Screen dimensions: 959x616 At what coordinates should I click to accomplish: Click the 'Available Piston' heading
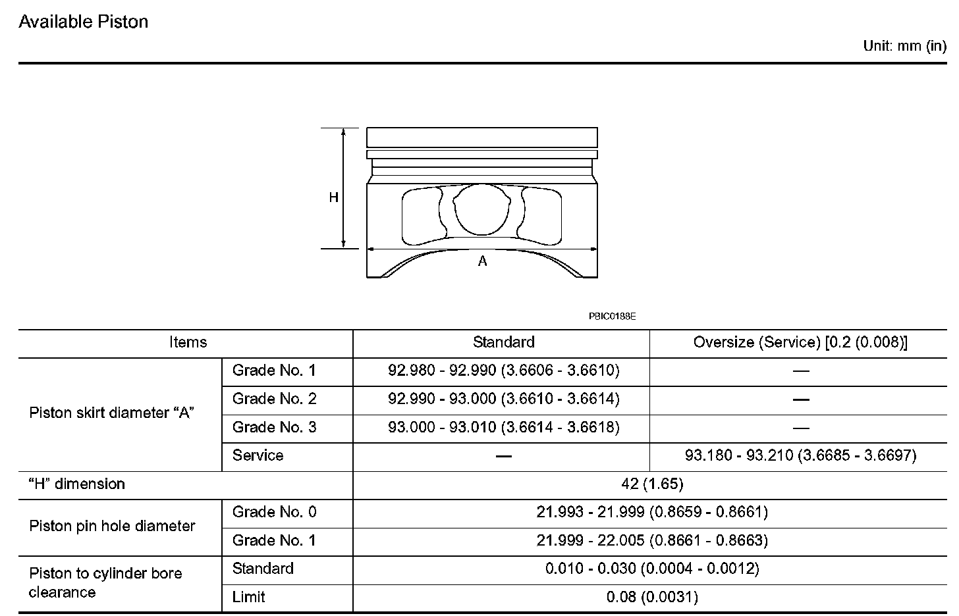coord(84,22)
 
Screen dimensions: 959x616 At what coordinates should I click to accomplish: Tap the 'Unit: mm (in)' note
coord(904,46)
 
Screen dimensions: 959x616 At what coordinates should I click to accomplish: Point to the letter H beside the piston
coord(333,197)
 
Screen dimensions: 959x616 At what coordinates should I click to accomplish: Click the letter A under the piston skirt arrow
coord(482,261)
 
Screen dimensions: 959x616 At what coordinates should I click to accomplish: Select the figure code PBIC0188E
coord(613,317)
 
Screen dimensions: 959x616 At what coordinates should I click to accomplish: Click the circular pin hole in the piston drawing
coord(481,209)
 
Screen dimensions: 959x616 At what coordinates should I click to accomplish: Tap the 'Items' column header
coord(188,342)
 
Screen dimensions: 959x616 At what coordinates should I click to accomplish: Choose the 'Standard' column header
coord(503,342)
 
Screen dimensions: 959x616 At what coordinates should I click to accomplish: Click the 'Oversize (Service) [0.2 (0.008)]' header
coord(800,342)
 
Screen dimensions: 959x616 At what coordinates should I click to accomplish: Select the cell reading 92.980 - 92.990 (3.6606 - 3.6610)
coord(503,371)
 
